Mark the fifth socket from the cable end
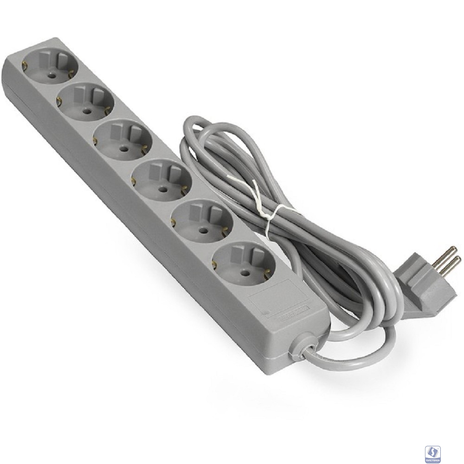85,102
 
